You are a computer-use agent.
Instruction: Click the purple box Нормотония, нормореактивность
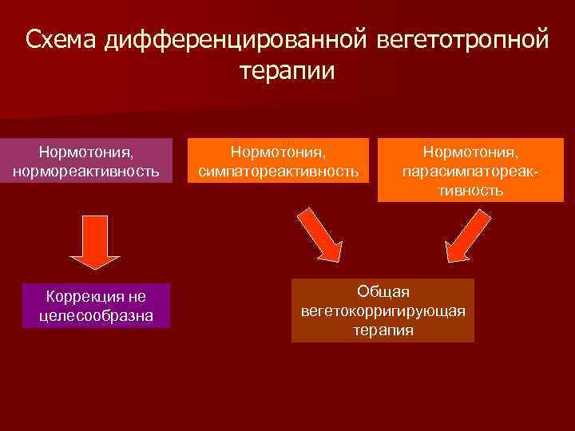[86, 160]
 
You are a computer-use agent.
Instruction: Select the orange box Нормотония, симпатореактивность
[278, 160]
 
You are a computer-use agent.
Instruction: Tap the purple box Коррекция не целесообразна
[96, 306]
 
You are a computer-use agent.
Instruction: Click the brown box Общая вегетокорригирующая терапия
[383, 310]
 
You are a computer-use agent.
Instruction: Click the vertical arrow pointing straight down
[95, 239]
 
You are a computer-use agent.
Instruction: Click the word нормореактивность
[86, 171]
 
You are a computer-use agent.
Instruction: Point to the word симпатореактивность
[278, 171]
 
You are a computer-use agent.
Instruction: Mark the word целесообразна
[96, 317]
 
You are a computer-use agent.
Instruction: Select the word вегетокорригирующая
[383, 310]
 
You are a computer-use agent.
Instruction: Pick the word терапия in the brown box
[383, 329]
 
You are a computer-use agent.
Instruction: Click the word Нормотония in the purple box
[86, 151]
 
